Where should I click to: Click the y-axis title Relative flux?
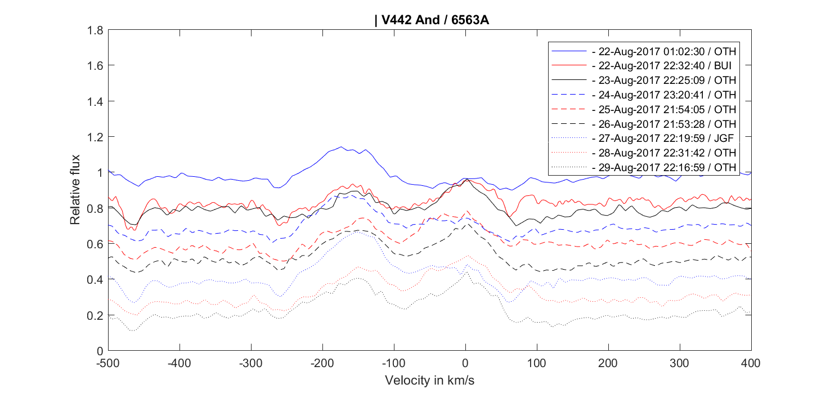click(x=75, y=189)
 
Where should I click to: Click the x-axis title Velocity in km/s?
click(x=429, y=380)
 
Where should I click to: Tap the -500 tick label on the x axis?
click(x=107, y=362)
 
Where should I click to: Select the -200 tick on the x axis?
click(x=322, y=362)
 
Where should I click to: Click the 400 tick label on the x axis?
click(x=751, y=362)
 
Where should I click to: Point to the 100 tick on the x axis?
click(x=537, y=362)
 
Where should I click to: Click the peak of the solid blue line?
click(x=341, y=147)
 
